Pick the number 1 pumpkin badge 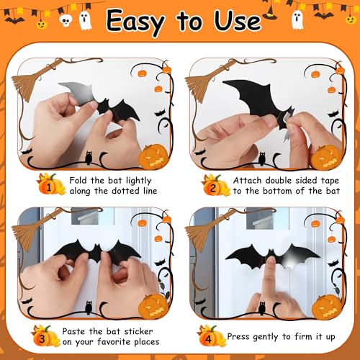pos(50,186)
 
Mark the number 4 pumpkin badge pos(210,335)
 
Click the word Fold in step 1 pos(81,181)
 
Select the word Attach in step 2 pos(248,181)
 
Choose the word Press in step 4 pos(240,336)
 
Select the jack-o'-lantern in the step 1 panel pos(154,156)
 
